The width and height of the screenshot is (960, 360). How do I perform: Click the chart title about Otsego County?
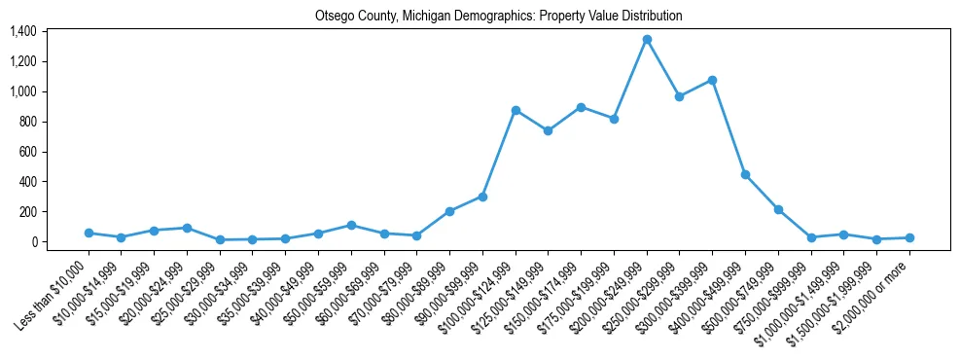498,17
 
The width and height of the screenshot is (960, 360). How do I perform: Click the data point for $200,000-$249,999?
647,40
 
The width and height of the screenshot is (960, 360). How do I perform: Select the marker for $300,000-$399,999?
712,80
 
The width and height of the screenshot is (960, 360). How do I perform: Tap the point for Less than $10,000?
89,234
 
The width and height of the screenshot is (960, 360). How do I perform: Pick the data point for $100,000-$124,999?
516,110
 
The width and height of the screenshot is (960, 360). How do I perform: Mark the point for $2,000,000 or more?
909,237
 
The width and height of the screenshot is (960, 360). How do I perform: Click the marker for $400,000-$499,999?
745,174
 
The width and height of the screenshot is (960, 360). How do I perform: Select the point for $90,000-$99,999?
482,197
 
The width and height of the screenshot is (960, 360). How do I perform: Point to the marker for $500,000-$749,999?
778,209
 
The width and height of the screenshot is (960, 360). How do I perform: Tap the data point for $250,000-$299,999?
680,96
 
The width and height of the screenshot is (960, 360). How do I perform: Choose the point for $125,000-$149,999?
549,130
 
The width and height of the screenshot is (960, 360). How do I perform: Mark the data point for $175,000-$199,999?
614,119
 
